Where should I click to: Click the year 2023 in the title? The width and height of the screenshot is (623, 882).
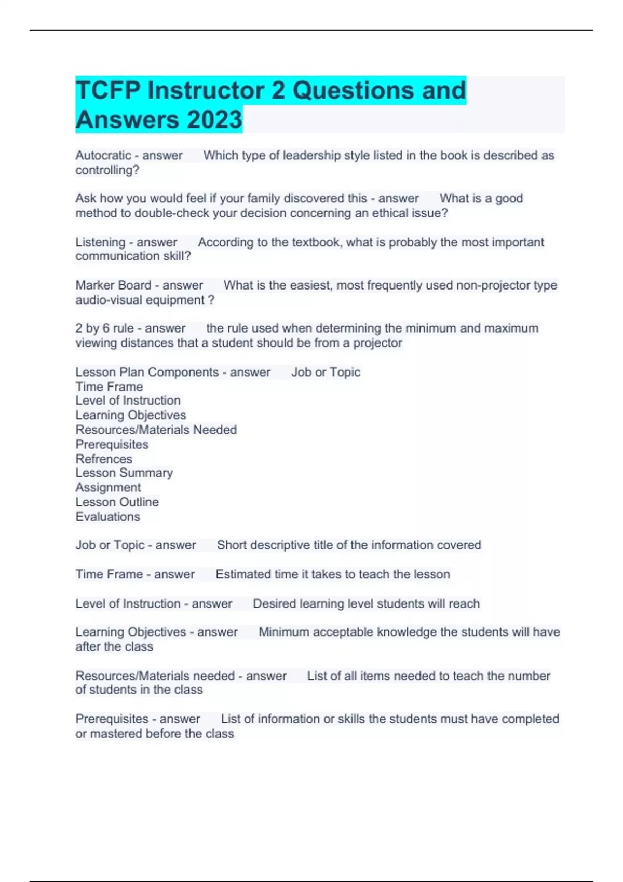click(214, 119)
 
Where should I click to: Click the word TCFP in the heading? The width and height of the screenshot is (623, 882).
click(107, 90)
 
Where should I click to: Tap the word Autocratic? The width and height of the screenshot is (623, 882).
click(103, 155)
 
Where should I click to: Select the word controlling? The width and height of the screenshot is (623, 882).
click(107, 170)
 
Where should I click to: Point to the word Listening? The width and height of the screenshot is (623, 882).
click(100, 242)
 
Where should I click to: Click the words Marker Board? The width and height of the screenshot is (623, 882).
click(113, 285)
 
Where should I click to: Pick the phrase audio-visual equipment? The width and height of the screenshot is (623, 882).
click(140, 300)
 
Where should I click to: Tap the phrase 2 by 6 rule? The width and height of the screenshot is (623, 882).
click(104, 328)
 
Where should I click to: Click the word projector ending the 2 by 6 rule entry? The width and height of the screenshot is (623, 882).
click(377, 343)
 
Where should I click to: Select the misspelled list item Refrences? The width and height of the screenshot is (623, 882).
click(104, 459)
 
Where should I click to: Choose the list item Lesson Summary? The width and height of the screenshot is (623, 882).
click(124, 473)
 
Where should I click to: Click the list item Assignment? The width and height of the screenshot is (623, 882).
click(108, 488)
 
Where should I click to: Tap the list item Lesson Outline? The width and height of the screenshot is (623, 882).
click(117, 502)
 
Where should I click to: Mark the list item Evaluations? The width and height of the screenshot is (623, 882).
click(107, 517)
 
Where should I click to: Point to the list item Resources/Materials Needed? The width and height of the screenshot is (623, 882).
click(156, 430)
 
